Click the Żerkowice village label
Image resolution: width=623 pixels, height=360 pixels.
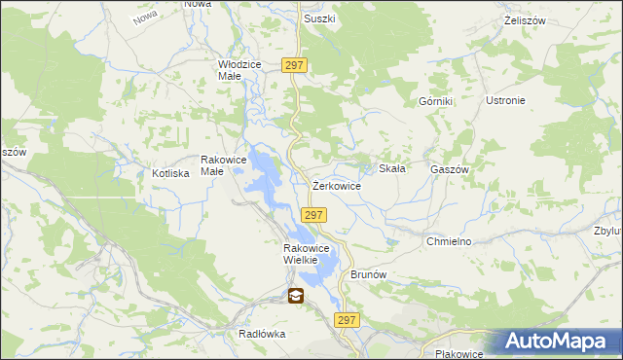337,185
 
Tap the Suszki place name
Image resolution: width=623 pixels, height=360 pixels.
319,18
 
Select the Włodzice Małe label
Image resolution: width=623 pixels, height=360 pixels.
239,69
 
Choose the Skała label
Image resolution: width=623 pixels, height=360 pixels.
391,167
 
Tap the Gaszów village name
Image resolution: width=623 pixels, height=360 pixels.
450,168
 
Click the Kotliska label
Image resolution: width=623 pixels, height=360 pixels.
170,173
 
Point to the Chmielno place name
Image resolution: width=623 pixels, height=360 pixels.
449,240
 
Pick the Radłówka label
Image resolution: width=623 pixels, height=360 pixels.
261,333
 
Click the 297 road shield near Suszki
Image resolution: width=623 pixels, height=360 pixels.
296,65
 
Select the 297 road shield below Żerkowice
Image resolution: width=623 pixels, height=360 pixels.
313,215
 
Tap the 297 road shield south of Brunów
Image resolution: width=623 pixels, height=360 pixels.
348,320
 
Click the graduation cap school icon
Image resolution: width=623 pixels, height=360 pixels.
294,296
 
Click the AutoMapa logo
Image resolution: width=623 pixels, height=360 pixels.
557,342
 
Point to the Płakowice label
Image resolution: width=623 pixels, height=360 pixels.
460,354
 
